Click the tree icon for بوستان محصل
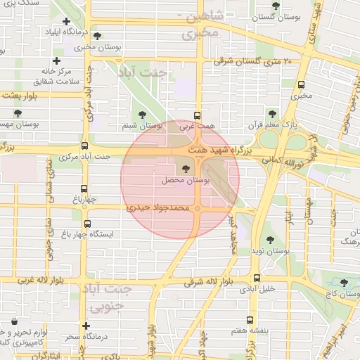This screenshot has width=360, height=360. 186,169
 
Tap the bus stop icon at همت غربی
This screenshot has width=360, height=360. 197,117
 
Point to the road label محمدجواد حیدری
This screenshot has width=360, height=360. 158,209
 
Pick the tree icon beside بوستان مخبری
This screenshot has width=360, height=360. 97,36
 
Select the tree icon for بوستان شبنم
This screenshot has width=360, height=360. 143,115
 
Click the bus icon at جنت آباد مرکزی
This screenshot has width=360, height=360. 85,146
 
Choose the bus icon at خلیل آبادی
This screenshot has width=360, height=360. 257,278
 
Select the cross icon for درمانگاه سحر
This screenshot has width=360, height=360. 85,326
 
